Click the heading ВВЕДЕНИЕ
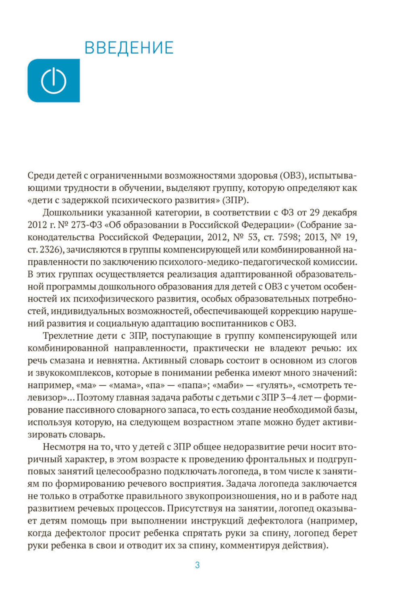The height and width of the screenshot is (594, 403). click(x=129, y=48)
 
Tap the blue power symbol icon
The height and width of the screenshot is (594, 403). click(x=54, y=81)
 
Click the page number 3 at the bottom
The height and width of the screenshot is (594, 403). click(x=197, y=565)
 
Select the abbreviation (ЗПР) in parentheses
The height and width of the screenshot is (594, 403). click(x=235, y=200)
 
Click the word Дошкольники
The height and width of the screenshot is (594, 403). click(x=71, y=213)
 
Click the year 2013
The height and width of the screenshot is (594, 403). click(x=314, y=237)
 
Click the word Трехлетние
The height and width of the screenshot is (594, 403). click(x=68, y=336)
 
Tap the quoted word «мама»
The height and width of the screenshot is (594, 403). click(x=122, y=385)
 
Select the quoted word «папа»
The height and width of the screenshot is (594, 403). click(x=191, y=385)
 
